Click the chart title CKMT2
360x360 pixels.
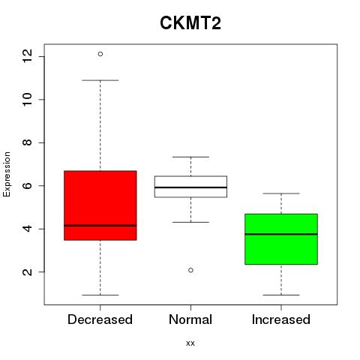(x=190, y=23)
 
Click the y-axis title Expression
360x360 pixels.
(x=7, y=174)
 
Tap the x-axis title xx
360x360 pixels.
(x=190, y=343)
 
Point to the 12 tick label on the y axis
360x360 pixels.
(x=28, y=56)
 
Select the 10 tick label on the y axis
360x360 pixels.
(x=28, y=99)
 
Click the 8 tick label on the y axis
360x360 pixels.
(x=28, y=142)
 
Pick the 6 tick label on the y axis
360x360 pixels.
(x=28, y=185)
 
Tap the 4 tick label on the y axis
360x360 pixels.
(x=28, y=229)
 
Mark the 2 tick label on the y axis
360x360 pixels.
(x=28, y=271)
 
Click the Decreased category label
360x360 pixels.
(x=100, y=319)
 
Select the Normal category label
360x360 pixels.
(x=190, y=319)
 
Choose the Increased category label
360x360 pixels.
(x=281, y=319)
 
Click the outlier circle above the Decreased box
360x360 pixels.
(x=100, y=54)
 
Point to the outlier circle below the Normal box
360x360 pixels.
(x=190, y=270)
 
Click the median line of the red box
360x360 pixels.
(x=100, y=226)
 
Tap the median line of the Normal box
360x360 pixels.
(x=190, y=187)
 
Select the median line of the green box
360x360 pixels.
(x=281, y=234)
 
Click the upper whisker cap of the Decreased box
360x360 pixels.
(x=100, y=80)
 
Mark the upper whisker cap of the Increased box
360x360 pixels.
(x=281, y=193)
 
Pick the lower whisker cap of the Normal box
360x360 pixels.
(x=190, y=222)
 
